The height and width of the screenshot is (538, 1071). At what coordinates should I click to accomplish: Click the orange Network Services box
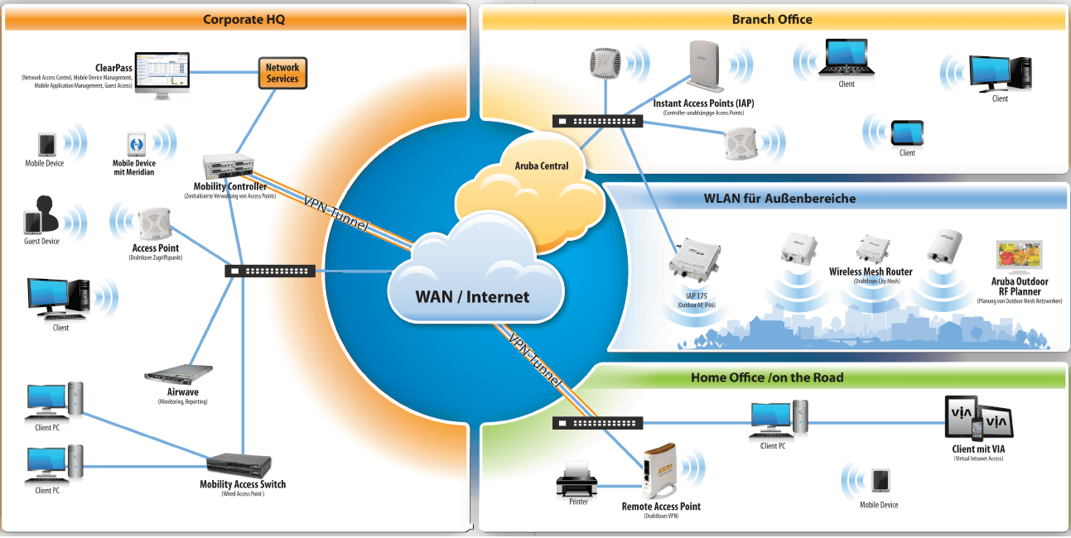click(282, 73)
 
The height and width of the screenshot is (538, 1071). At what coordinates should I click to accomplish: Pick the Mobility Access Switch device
click(240, 464)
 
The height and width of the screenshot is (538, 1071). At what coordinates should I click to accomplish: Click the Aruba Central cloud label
click(543, 166)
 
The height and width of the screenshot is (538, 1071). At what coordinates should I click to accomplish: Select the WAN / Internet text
click(472, 296)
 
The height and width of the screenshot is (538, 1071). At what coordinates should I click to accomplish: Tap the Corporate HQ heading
click(244, 19)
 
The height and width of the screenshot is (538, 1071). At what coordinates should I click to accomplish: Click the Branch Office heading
click(772, 19)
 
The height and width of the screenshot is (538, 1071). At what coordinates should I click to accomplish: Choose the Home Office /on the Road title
click(767, 377)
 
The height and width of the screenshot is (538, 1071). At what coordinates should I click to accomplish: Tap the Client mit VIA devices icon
click(978, 419)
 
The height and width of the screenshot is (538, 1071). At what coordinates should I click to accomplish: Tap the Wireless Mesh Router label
click(871, 271)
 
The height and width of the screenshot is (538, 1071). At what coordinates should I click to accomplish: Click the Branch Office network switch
click(597, 121)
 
